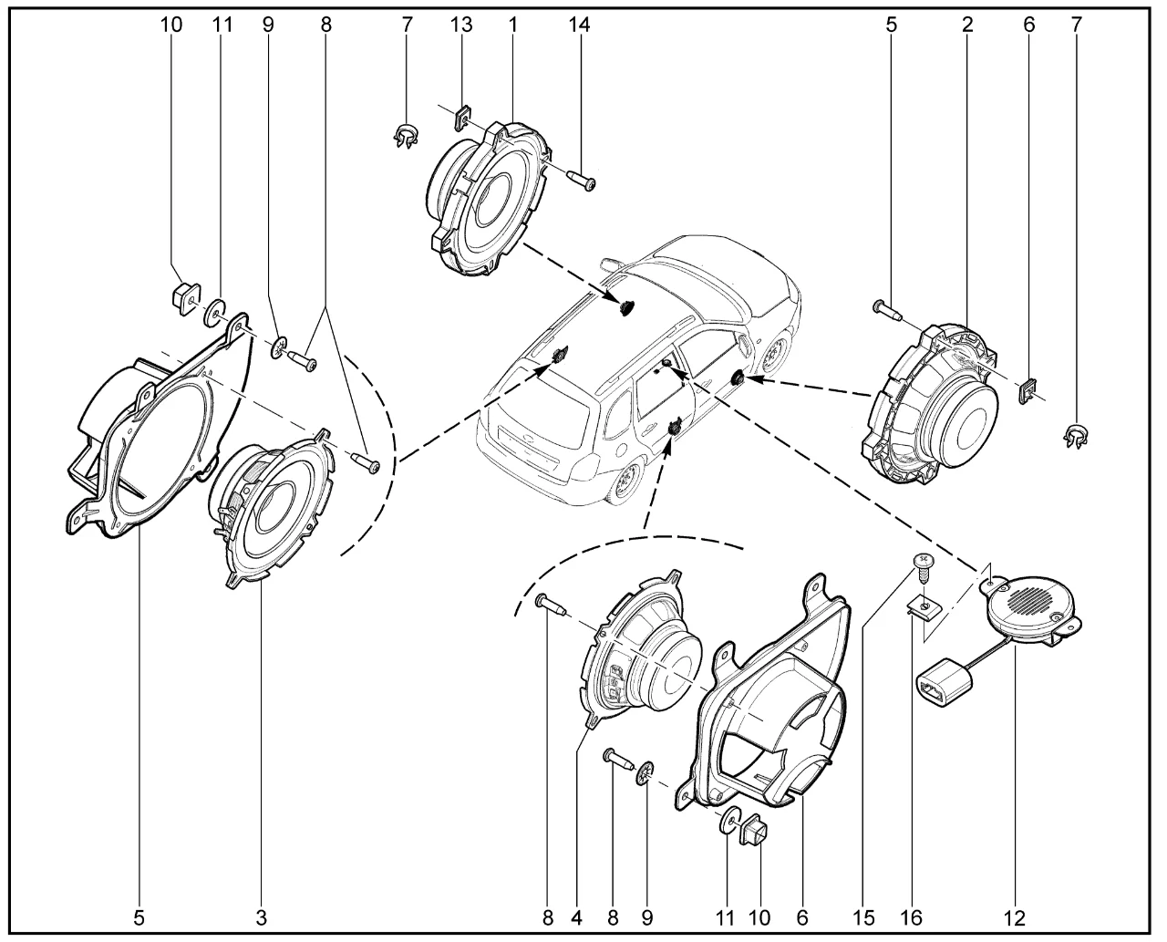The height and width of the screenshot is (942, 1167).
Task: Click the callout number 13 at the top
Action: (462, 25)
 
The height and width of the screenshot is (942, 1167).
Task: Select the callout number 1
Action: (513, 25)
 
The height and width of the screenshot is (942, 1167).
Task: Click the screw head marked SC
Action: (924, 561)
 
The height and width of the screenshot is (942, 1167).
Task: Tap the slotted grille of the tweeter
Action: (1032, 602)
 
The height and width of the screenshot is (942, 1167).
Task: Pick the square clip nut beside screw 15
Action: (924, 606)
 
